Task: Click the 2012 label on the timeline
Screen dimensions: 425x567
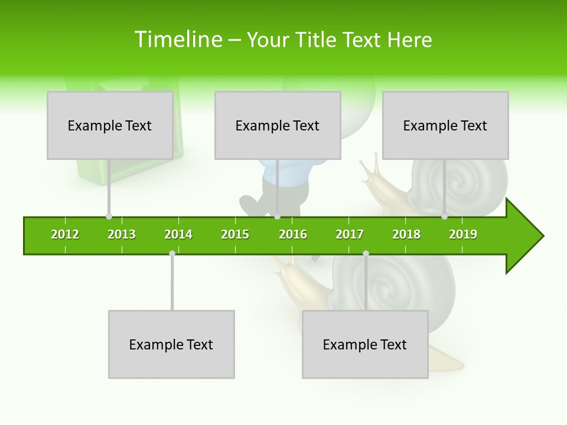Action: (x=65, y=234)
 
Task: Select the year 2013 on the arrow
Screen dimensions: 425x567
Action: (x=122, y=234)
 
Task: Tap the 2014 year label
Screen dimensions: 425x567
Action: (x=178, y=234)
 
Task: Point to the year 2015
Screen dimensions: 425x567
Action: (x=235, y=234)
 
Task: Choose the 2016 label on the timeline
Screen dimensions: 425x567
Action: (x=293, y=234)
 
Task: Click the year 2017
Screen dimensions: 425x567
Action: (x=350, y=234)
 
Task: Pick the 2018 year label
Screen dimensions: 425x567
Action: (x=406, y=234)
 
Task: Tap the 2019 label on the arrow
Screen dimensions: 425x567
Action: (x=463, y=234)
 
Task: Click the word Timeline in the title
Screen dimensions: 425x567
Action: (x=177, y=40)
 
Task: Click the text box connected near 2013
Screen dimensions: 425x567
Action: (x=110, y=125)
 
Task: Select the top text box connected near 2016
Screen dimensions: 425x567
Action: (x=278, y=125)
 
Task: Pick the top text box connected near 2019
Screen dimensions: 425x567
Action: (x=445, y=125)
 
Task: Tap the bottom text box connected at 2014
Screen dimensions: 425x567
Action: (x=171, y=344)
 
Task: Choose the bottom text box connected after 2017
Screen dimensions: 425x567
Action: (x=365, y=344)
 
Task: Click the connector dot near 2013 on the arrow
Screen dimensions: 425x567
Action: (x=109, y=217)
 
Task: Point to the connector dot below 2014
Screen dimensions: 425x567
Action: (x=172, y=254)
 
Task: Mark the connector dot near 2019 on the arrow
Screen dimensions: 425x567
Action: (x=444, y=217)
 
